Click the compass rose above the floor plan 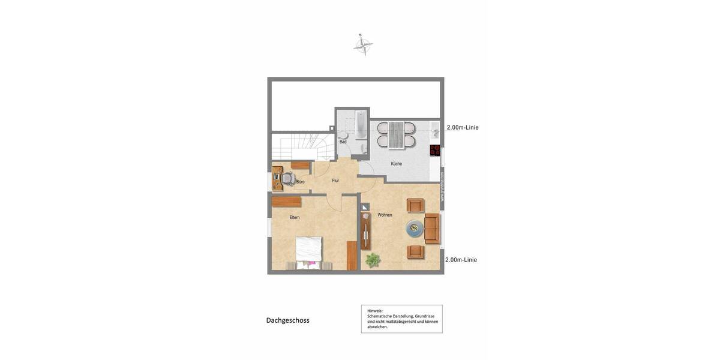[363, 45]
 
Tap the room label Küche [397, 164]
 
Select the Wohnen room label [385, 215]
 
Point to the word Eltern [295, 217]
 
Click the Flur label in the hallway [335, 181]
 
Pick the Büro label [300, 182]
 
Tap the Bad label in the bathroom [343, 142]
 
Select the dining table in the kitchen [396, 135]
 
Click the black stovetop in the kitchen [435, 151]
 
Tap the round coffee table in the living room [414, 228]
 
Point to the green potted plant [373, 260]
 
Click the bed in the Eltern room [309, 253]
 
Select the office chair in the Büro [288, 178]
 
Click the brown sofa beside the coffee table [432, 228]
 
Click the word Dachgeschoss [288, 320]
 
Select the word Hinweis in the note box [375, 311]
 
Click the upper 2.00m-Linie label [463, 128]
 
